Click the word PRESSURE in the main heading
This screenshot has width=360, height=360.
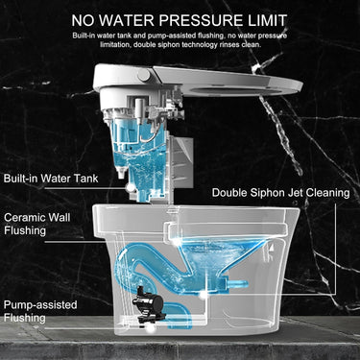pyautogui.click(x=201, y=20)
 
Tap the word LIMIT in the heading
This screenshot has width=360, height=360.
pyautogui.click(x=266, y=20)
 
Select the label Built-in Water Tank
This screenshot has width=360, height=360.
pyautogui.click(x=51, y=179)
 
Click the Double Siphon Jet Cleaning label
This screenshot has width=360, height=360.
pyautogui.click(x=280, y=193)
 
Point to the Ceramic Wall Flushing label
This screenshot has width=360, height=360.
pyautogui.click(x=37, y=224)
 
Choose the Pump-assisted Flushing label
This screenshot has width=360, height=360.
pyautogui.click(x=40, y=311)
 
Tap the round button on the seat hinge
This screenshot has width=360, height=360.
pyautogui.click(x=144, y=76)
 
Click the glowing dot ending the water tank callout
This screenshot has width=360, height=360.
pyautogui.click(x=131, y=188)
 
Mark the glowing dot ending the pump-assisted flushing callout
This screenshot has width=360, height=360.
pyautogui.click(x=151, y=328)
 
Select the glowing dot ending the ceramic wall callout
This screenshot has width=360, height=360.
pyautogui.click(x=175, y=242)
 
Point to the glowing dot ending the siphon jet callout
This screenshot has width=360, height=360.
pyautogui.click(x=202, y=294)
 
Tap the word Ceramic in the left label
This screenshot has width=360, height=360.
pyautogui.click(x=24, y=218)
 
